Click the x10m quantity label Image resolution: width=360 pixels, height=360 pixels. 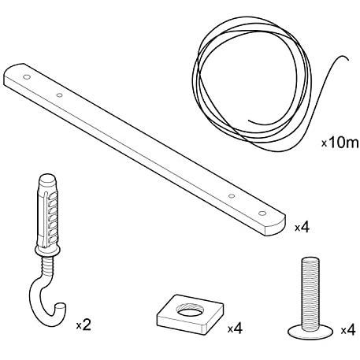click(x=340, y=143)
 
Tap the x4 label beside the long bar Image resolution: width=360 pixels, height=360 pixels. click(x=302, y=228)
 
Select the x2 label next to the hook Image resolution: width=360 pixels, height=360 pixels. click(x=84, y=325)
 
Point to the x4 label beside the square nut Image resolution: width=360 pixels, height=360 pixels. click(x=235, y=328)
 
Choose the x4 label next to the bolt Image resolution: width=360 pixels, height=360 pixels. click(x=348, y=330)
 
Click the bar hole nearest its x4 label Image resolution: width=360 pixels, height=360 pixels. click(x=262, y=213)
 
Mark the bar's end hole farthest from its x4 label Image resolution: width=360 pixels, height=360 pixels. click(x=27, y=77)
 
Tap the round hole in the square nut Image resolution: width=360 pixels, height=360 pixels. click(x=190, y=310)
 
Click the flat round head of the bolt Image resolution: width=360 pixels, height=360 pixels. click(x=310, y=331)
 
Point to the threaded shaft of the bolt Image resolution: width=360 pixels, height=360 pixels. click(x=310, y=293)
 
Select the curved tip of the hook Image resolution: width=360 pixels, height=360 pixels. click(x=61, y=306)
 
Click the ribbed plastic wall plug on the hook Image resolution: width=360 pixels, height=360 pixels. click(x=48, y=213)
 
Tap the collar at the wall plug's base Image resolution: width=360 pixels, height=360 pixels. click(x=47, y=251)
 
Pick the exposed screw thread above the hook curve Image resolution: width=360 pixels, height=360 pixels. click(x=48, y=267)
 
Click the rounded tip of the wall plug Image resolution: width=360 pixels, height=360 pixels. click(x=47, y=177)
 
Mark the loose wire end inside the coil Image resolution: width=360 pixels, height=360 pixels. click(x=249, y=121)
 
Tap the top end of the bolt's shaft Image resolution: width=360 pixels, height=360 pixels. click(x=310, y=259)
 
